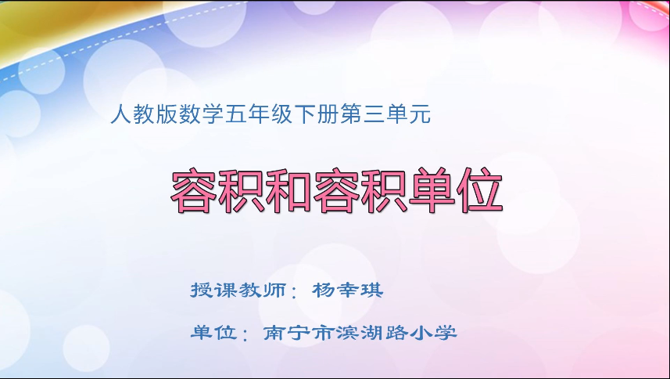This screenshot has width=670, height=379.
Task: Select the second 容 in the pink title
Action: point(339,190)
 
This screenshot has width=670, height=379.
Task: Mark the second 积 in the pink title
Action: point(384,190)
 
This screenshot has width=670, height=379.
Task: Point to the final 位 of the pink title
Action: point(478,190)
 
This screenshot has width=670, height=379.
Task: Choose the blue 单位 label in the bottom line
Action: point(213,333)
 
